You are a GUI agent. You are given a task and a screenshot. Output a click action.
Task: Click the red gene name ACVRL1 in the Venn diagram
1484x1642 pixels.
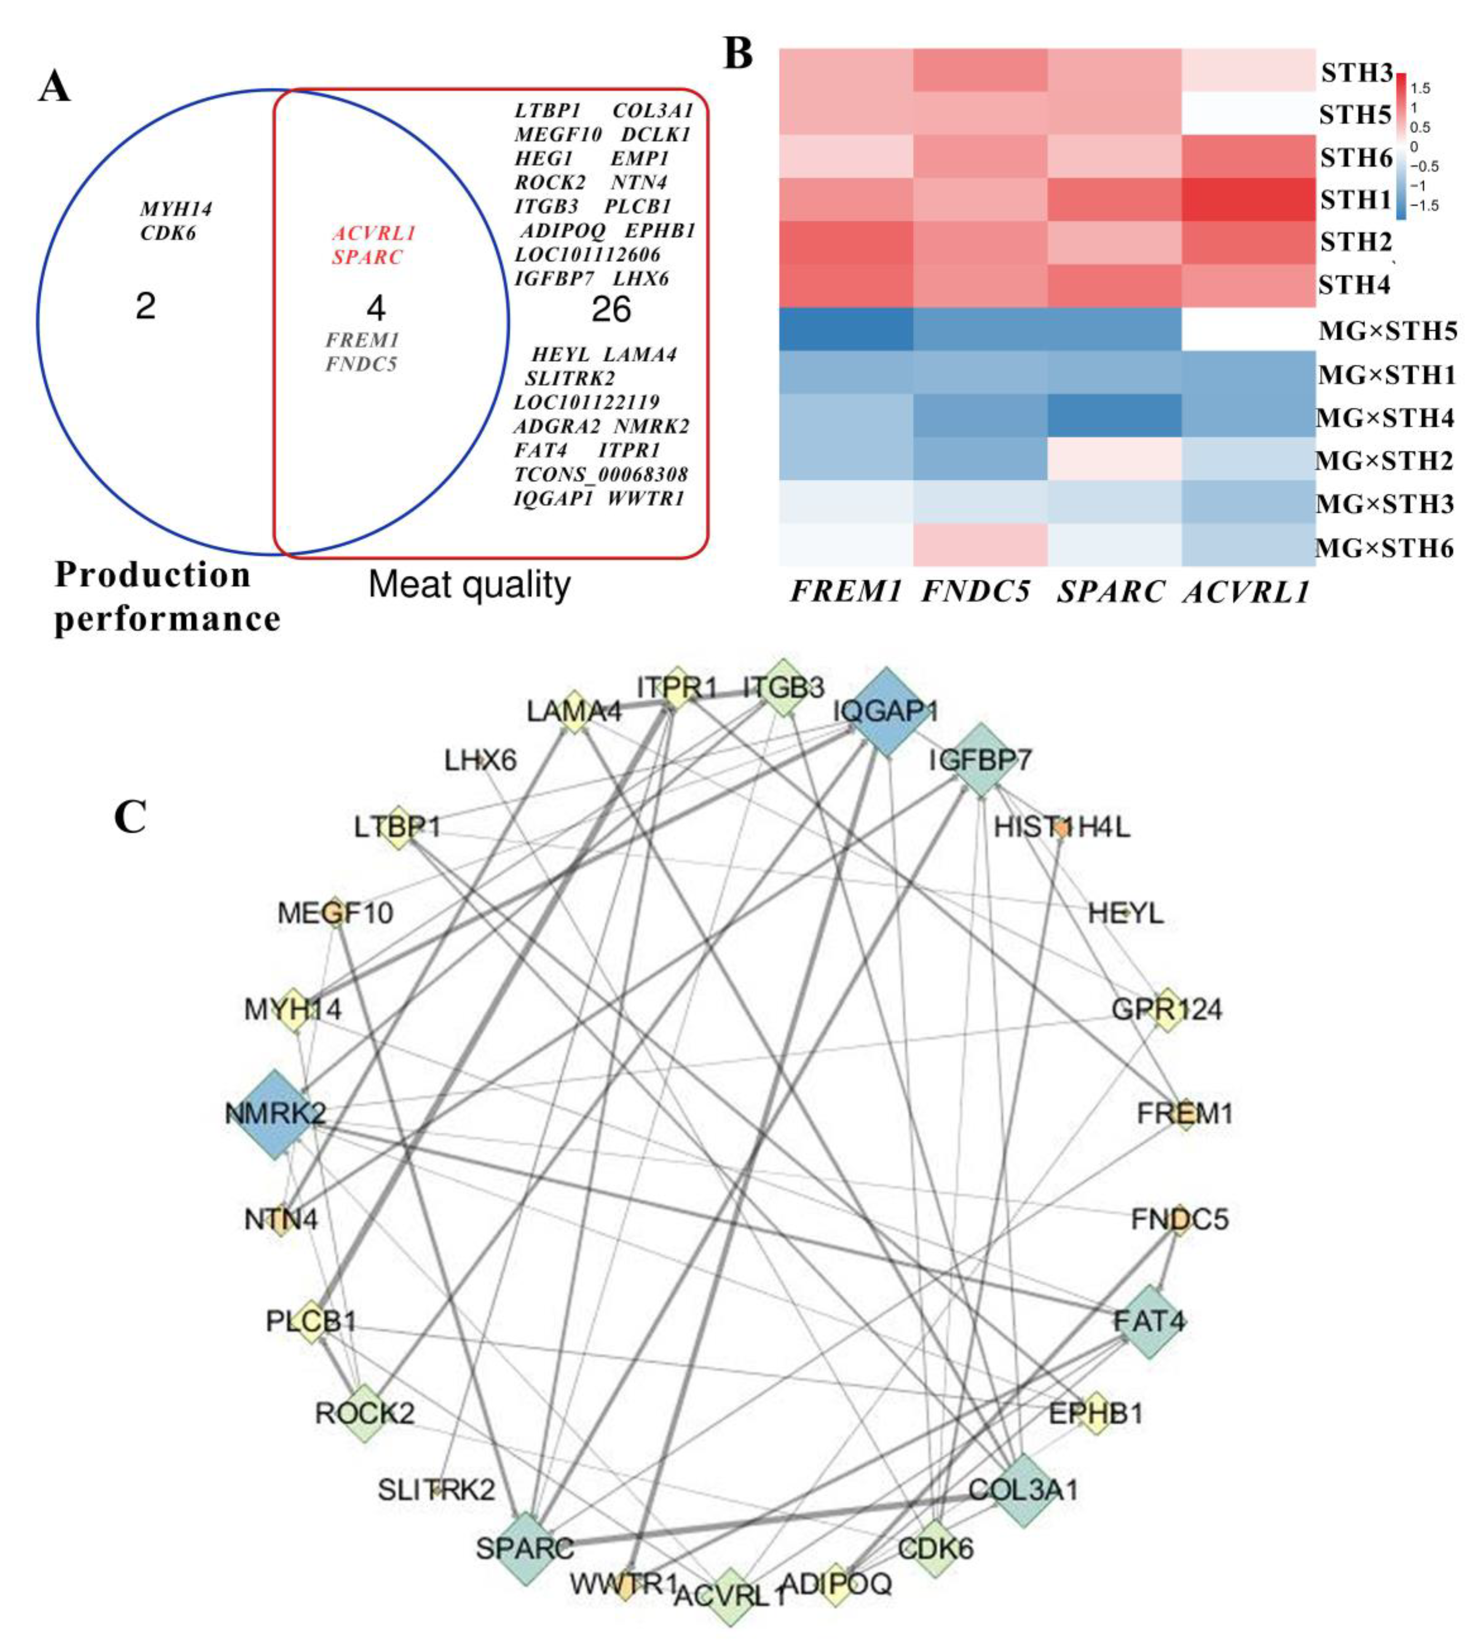374,234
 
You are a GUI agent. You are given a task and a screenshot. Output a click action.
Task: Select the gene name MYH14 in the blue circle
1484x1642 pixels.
176,209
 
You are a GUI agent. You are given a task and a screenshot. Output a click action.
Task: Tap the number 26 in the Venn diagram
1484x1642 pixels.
611,310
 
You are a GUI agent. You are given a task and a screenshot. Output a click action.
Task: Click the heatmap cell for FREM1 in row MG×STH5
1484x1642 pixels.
845,329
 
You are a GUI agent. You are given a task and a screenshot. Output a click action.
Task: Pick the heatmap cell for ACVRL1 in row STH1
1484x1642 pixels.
1248,200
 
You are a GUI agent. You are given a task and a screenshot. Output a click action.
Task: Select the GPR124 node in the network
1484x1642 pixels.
1166,1010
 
